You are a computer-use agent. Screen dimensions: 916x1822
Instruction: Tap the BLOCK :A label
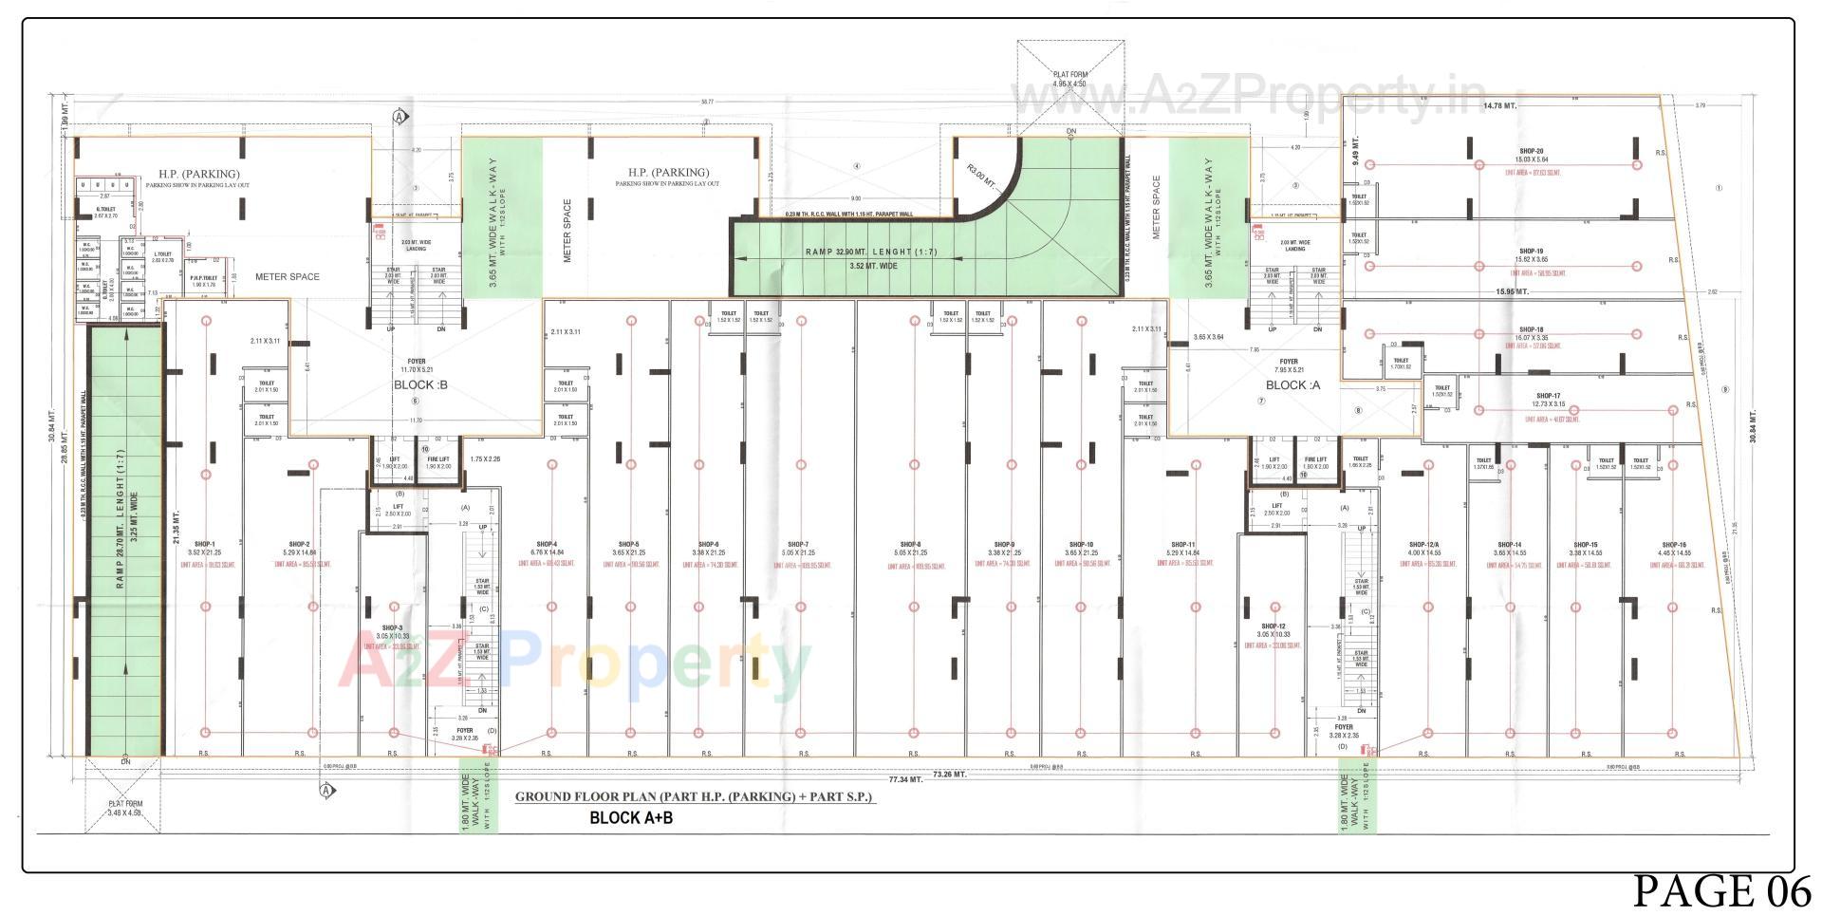1292,385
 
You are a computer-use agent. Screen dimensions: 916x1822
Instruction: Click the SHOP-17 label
1548,396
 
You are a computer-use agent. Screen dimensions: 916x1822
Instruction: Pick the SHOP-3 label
393,628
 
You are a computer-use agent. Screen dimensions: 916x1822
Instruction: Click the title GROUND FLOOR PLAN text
693,797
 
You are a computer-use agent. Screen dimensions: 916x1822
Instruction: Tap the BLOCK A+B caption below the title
631,817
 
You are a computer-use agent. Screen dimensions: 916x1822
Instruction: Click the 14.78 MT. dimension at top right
1499,105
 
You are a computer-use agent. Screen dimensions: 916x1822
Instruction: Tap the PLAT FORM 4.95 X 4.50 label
1070,79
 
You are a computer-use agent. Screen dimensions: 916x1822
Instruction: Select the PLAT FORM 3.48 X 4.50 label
124,808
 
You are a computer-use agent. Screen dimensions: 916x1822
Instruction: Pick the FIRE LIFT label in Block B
437,459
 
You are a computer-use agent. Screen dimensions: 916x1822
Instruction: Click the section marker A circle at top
400,117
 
